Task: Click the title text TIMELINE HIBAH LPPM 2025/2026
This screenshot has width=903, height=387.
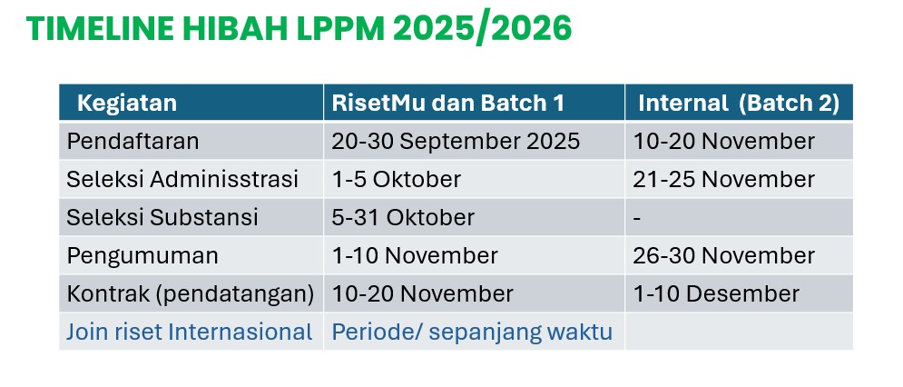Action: point(299,28)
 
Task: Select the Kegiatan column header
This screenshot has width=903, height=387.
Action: point(127,104)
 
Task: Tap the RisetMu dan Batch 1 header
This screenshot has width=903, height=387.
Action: point(448,104)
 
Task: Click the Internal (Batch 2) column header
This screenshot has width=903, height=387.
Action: point(739,104)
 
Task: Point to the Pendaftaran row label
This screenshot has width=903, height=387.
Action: point(133,142)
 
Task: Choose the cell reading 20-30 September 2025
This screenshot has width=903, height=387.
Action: point(456,142)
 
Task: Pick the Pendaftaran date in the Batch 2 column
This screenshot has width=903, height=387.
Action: point(724,142)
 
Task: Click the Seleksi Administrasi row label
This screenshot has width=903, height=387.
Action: point(182,179)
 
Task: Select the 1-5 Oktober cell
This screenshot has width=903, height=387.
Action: point(397,179)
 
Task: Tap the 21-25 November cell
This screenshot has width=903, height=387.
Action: point(724,179)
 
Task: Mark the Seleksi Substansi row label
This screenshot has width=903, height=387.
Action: point(162,217)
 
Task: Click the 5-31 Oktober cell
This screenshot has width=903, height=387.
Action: point(403,217)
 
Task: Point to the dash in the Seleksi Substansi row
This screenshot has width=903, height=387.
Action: point(637,219)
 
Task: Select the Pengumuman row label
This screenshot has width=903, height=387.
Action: point(142,256)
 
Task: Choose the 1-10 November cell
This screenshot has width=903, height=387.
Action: point(415,255)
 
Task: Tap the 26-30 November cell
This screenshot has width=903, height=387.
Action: point(724,255)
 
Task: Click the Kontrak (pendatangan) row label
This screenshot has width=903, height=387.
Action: point(191,294)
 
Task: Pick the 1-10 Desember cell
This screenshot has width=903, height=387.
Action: point(716,293)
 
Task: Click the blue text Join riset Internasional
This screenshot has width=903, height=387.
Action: point(190,332)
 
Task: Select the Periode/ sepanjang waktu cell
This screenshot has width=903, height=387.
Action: point(472,332)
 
